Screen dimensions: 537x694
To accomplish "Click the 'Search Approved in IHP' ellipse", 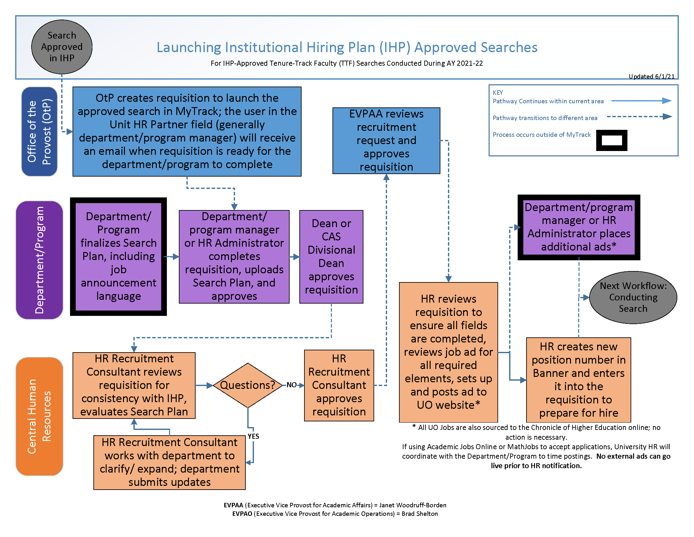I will click(62, 47).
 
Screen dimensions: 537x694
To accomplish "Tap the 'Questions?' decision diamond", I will click(248, 385).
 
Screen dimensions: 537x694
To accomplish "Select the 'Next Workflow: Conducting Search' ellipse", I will click(633, 297).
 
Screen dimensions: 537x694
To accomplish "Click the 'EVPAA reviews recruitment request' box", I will click(386, 140).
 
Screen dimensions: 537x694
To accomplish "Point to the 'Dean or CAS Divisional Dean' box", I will click(331, 256).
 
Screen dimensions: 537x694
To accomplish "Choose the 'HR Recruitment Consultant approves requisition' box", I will click(339, 385).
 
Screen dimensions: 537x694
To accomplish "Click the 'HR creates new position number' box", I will click(578, 379).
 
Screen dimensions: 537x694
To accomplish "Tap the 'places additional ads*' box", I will click(578, 227).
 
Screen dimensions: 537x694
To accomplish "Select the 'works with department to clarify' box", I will click(169, 462).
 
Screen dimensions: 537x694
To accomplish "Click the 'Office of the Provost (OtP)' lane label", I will click(39, 131).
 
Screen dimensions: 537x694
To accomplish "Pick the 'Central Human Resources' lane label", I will click(39, 416).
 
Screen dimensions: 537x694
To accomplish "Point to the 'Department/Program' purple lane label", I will click(39, 260).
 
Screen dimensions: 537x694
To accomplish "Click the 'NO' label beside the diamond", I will click(291, 385).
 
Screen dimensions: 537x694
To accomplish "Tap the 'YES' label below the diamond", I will click(253, 436).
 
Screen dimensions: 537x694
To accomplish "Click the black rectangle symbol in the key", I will click(611, 140).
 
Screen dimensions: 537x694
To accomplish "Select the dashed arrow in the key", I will click(639, 117).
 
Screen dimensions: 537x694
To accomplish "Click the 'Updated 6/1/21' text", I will click(651, 76).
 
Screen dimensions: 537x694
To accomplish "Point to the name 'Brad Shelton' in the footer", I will click(420, 514).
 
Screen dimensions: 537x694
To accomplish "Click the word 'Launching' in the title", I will click(189, 47).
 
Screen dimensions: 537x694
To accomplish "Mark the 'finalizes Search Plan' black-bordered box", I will click(118, 256).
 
